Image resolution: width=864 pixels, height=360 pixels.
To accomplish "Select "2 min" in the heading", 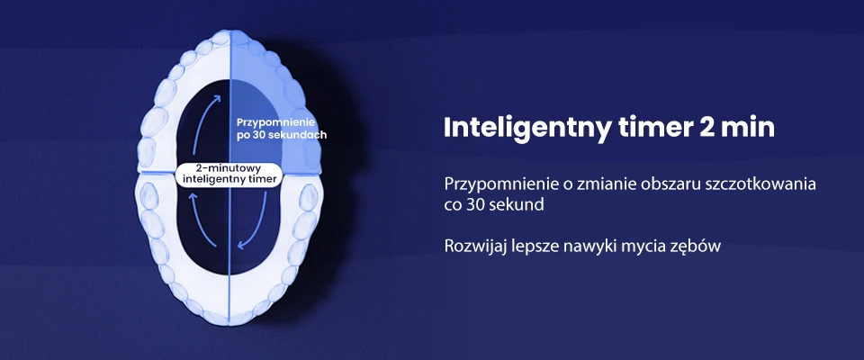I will point(734,128).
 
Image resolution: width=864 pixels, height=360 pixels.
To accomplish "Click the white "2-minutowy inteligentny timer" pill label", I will point(228,174).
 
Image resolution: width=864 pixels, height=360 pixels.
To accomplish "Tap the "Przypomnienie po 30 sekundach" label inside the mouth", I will point(280,127).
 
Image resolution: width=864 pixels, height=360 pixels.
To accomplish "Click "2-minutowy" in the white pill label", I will point(229,167).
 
